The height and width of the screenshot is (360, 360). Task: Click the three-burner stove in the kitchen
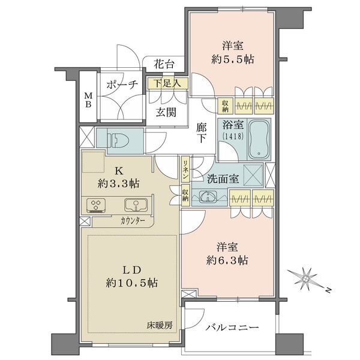[97, 205]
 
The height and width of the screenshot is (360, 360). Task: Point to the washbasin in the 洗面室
[208, 197]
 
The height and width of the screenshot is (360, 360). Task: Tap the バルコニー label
[232, 328]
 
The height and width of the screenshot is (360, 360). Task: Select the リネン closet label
[187, 169]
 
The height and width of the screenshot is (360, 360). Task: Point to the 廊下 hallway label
[202, 132]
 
